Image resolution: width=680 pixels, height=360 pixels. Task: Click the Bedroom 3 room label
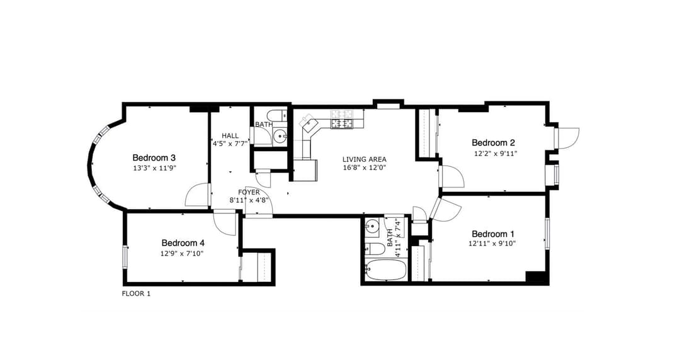[154, 157]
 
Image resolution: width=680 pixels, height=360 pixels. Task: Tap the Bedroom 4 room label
[183, 242]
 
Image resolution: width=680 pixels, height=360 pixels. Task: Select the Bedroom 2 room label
[494, 142]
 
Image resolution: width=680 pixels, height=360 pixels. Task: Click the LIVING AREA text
[364, 159]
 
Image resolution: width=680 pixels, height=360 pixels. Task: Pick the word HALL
[230, 135]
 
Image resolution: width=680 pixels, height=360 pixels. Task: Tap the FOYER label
[249, 192]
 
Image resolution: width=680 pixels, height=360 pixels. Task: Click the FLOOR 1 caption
[136, 293]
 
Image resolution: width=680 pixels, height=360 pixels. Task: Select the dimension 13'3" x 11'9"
[154, 169]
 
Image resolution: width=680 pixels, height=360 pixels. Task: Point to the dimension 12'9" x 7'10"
[183, 254]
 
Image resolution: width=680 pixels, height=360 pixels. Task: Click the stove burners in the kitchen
[343, 119]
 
